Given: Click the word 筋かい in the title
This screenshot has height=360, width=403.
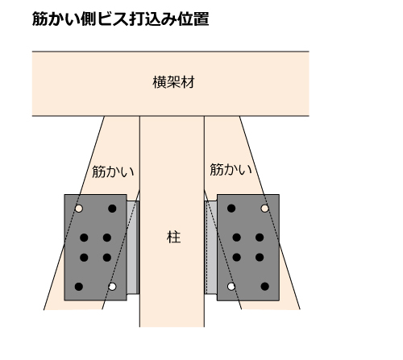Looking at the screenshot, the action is tap(56, 19).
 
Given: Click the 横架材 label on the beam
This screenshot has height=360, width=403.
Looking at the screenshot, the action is tap(173, 82).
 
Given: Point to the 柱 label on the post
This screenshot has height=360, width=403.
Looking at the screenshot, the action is tap(173, 237).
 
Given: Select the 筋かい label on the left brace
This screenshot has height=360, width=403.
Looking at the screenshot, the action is tap(113, 172).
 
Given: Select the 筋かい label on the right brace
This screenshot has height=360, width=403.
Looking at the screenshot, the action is tap(231, 169).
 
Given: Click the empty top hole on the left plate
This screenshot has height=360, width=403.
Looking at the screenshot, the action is tap(78, 209).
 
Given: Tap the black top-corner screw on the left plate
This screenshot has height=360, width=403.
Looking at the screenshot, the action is tap(112, 209).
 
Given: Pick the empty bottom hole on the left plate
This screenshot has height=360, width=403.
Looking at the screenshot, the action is tap(112, 287).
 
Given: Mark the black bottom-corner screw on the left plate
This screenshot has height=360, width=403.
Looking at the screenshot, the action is tap(78, 287).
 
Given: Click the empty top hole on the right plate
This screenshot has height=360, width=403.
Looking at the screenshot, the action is tap(264, 209).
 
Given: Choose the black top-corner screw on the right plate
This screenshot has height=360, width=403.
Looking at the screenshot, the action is tap(231, 209).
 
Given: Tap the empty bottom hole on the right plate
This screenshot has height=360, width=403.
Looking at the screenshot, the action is tap(231, 287).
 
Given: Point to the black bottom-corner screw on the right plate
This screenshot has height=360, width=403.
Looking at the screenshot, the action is tap(264, 287).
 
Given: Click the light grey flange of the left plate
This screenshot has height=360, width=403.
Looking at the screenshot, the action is tap(133, 247).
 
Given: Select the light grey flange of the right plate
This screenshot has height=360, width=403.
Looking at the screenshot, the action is tap(211, 247).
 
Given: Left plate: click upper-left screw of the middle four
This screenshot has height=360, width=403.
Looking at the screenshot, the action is tap(84, 238).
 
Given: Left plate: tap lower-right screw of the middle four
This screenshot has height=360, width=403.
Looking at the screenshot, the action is tap(107, 258).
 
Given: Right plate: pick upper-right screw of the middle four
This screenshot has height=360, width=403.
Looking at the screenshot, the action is tap(260, 238).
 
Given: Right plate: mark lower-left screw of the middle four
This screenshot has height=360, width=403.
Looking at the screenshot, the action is tap(236, 257).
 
